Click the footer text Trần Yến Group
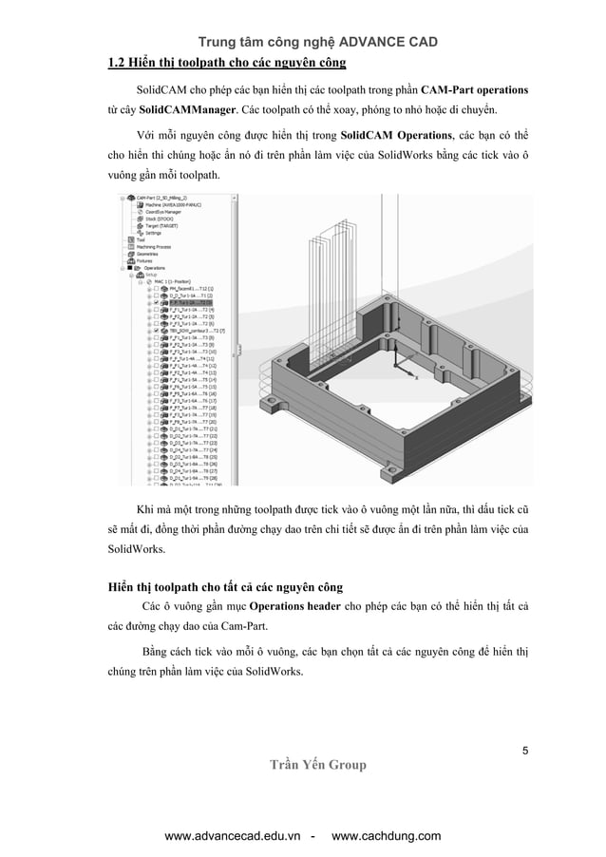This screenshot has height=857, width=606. pos(317,765)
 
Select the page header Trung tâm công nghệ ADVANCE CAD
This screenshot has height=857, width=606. pos(316,41)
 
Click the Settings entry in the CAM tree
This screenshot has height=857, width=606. pos(152,233)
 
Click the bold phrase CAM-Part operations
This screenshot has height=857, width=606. pos(475,90)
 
